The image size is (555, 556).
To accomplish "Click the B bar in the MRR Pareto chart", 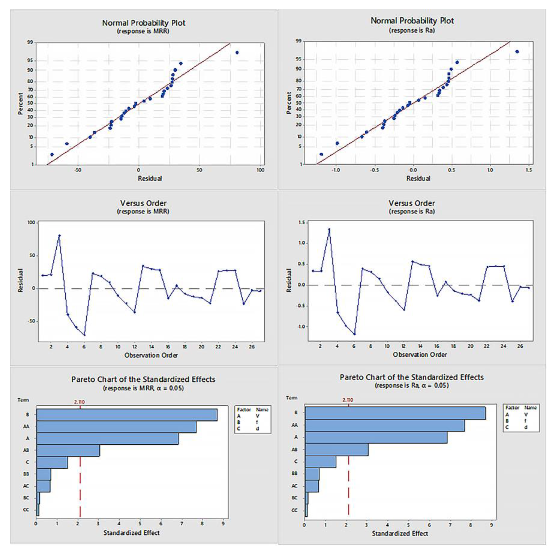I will point(127,415).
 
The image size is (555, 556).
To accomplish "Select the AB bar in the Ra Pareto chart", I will point(336,449).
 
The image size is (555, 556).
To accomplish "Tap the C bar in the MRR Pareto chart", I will point(52,462).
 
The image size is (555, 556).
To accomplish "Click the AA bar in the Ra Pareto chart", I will point(385,425).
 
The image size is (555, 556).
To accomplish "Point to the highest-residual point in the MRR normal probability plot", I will point(237,52).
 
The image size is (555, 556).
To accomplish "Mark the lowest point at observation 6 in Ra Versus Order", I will point(354,334).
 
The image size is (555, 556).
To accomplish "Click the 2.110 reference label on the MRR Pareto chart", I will point(79,402).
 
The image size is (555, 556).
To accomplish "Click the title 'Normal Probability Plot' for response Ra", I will point(412,21).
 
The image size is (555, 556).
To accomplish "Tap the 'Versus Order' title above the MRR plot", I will point(143,203).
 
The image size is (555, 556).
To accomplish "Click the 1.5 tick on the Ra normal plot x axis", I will point(529,170).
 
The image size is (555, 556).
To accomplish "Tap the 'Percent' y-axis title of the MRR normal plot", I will point(20,104).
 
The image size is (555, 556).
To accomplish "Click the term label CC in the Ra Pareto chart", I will point(295,510).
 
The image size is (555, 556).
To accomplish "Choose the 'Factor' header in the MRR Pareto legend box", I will point(243,410).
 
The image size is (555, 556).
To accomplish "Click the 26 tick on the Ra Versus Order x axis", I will point(520,346).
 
